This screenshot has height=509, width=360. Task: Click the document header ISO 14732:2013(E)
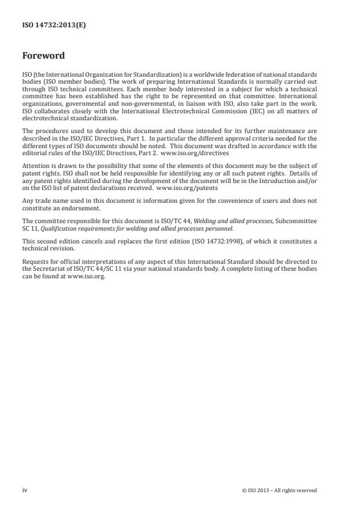[54, 25]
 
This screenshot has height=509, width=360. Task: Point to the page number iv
[24, 490]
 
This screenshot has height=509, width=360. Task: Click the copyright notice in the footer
[279, 490]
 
